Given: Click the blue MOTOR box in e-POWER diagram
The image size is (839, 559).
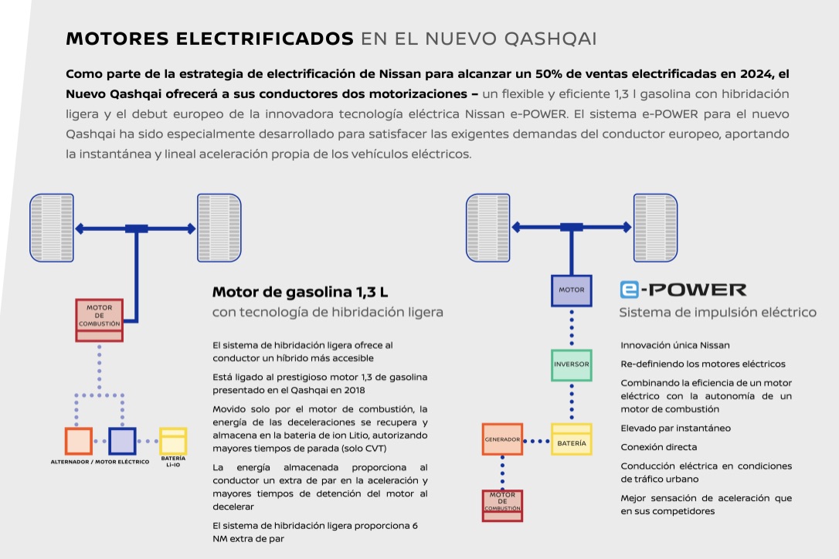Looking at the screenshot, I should click(572, 290).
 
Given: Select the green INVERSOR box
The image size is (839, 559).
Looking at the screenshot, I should click(572, 364).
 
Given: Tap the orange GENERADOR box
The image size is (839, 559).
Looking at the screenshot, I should click(502, 439).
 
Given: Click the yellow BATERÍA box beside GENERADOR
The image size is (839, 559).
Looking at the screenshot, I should click(572, 439).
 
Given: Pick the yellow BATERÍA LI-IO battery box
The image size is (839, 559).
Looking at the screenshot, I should click(173, 441).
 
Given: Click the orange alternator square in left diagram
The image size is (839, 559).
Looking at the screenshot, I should click(79, 441).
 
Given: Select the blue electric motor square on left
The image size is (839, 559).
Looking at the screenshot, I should click(122, 441).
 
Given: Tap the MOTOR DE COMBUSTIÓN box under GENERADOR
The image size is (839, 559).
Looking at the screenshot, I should click(502, 505).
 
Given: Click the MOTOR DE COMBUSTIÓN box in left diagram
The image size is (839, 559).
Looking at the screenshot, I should click(99, 320).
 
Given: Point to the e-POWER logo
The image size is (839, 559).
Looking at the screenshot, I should click(684, 290).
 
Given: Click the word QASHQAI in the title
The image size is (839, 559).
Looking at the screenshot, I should click(550, 39).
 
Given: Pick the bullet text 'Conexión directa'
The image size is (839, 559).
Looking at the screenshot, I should click(659, 447).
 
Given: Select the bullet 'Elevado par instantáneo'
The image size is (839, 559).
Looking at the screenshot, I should click(676, 428).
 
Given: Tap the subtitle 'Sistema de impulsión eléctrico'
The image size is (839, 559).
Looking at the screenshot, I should click(718, 313).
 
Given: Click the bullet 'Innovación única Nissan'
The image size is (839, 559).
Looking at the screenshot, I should click(675, 345).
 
